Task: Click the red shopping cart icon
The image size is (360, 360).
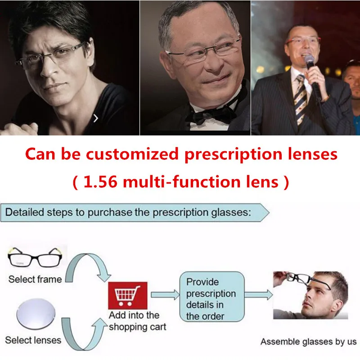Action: click(128, 296)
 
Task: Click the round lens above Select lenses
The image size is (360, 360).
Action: click(36, 314)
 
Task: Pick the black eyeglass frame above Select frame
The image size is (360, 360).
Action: click(35, 257)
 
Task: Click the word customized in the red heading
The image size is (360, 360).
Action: click(132, 154)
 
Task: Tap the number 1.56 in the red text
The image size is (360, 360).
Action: click(100, 182)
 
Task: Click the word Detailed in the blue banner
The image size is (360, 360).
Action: click(25, 212)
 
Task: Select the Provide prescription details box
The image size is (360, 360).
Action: click(211, 297)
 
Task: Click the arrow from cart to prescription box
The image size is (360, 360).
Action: click(165, 295)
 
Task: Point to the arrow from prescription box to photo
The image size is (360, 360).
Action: click(258, 295)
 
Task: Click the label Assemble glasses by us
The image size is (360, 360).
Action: click(308, 342)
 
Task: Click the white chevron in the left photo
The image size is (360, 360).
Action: click(96, 118)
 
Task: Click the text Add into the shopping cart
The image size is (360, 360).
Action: click(137, 321)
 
